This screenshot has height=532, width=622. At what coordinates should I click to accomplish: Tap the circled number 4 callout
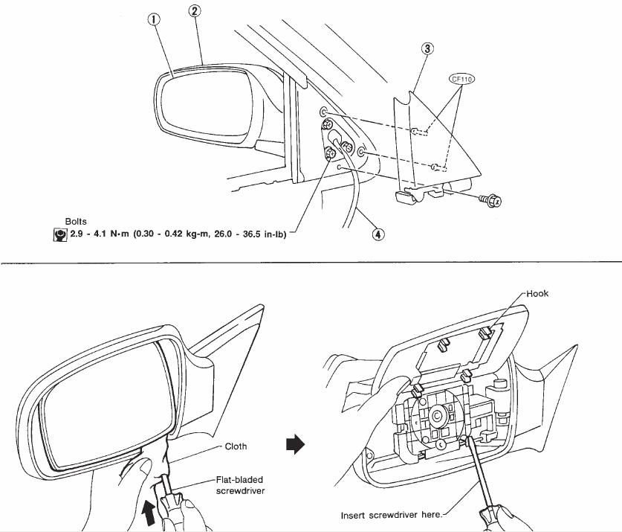[x=378, y=234]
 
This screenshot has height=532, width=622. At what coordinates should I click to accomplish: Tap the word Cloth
[x=236, y=447]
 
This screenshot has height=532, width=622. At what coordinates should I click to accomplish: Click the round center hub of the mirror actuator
[x=434, y=414]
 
